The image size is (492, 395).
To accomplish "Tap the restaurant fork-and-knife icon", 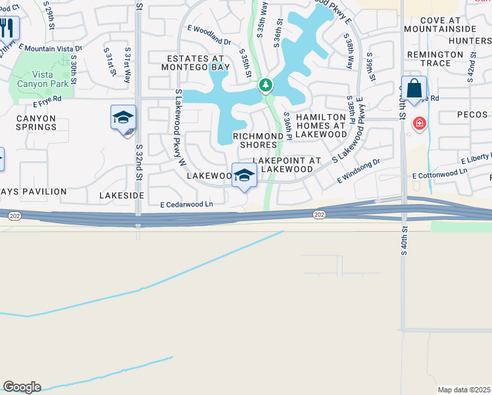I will pyautogui.click(x=7, y=28).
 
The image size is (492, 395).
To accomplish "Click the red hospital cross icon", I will pyautogui.click(x=418, y=123).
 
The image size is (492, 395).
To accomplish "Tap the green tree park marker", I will pyautogui.click(x=265, y=85).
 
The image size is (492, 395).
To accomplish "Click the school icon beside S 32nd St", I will pyautogui.click(x=123, y=118).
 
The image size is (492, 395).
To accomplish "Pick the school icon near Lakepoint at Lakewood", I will pyautogui.click(x=244, y=176).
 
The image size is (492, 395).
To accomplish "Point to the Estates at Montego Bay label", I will pyautogui.click(x=194, y=63).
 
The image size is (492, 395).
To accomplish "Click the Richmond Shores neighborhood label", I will pyautogui.click(x=262, y=141).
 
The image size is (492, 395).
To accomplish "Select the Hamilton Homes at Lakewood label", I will pyautogui.click(x=321, y=125).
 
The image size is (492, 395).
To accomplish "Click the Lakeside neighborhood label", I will pyautogui.click(x=122, y=196).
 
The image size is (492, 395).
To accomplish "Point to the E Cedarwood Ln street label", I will pyautogui.click(x=187, y=205).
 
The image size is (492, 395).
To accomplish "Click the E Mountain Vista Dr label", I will pyautogui.click(x=51, y=48).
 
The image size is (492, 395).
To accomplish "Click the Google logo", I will pyautogui.click(x=22, y=387).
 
